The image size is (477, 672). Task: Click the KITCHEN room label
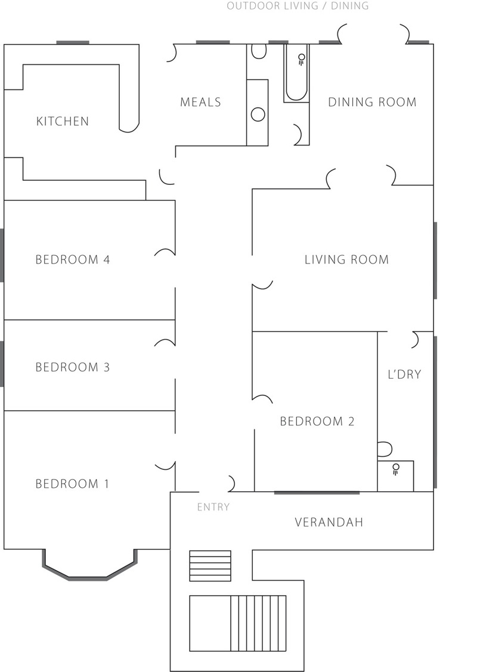(x=63, y=121)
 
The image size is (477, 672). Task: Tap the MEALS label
(x=200, y=102)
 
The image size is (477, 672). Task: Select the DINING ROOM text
(x=372, y=102)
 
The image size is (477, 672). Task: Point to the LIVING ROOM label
(x=346, y=259)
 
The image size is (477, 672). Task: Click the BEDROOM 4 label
(x=72, y=259)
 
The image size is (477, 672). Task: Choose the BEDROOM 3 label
(x=72, y=367)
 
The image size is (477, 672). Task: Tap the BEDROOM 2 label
(x=317, y=422)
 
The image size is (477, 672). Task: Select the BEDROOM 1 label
(x=72, y=484)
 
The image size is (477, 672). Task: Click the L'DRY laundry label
(x=404, y=374)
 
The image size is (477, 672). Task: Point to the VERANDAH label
(x=329, y=522)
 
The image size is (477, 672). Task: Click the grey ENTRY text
(x=213, y=507)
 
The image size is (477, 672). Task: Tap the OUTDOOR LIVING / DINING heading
(x=298, y=5)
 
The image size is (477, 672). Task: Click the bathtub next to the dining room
(x=296, y=73)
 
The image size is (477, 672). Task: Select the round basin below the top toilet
(x=258, y=114)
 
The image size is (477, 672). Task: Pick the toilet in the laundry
(x=385, y=449)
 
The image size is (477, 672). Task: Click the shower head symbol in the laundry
(x=396, y=469)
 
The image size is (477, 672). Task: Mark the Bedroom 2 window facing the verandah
(x=317, y=493)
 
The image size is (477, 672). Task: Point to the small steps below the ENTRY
(x=210, y=566)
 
